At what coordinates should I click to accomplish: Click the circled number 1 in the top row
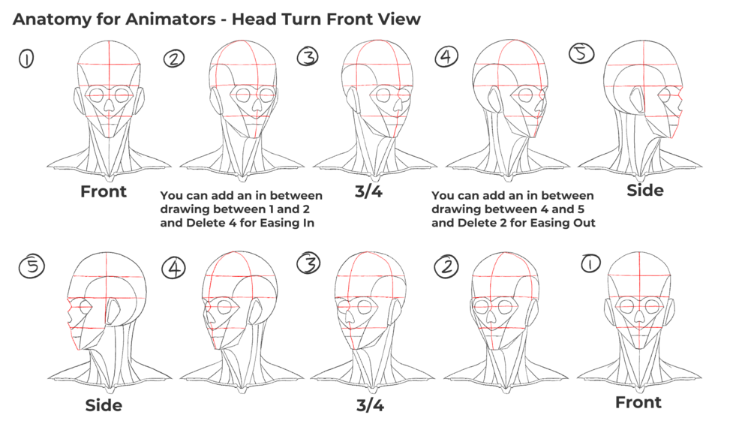click(x=26, y=59)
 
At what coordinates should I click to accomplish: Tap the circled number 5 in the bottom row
click(x=32, y=266)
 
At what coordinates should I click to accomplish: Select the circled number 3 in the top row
click(x=308, y=56)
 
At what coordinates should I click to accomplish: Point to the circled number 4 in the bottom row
click(x=173, y=268)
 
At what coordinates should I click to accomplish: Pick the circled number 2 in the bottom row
click(x=446, y=266)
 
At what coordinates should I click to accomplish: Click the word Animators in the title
click(x=170, y=20)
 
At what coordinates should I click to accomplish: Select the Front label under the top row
click(x=104, y=191)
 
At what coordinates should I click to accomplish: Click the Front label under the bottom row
click(x=638, y=402)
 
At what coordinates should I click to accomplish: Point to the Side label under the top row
click(x=645, y=191)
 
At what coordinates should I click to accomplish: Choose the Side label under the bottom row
click(x=104, y=405)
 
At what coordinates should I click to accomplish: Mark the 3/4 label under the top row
click(x=369, y=191)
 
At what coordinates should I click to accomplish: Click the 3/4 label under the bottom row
click(x=371, y=405)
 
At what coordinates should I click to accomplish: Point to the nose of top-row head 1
click(x=110, y=105)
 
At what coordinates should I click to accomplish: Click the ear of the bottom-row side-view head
click(x=113, y=311)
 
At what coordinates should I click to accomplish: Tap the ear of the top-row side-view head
click(x=637, y=100)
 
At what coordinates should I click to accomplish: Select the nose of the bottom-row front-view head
click(x=639, y=315)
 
